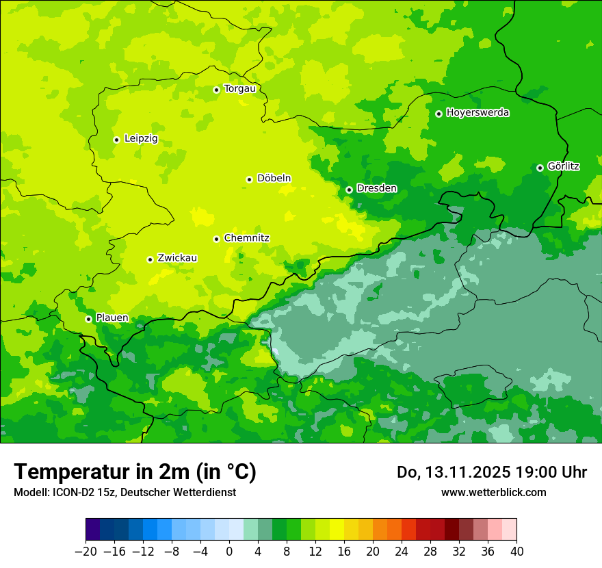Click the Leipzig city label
pos(141,139)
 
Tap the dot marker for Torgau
pos(216,90)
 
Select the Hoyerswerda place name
pos(477,113)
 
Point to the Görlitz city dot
pos(540,168)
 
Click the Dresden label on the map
pos(376,188)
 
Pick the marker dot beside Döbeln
pos(249,179)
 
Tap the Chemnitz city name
pos(246,238)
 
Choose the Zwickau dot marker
pos(150,259)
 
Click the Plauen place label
pos(112,318)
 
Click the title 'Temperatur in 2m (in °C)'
pos(135,472)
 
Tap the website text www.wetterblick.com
pos(493,492)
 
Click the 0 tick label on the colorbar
pos(229,552)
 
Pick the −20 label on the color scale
pos(86,552)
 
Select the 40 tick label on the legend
pos(516,552)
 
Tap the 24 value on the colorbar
pos(402,552)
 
